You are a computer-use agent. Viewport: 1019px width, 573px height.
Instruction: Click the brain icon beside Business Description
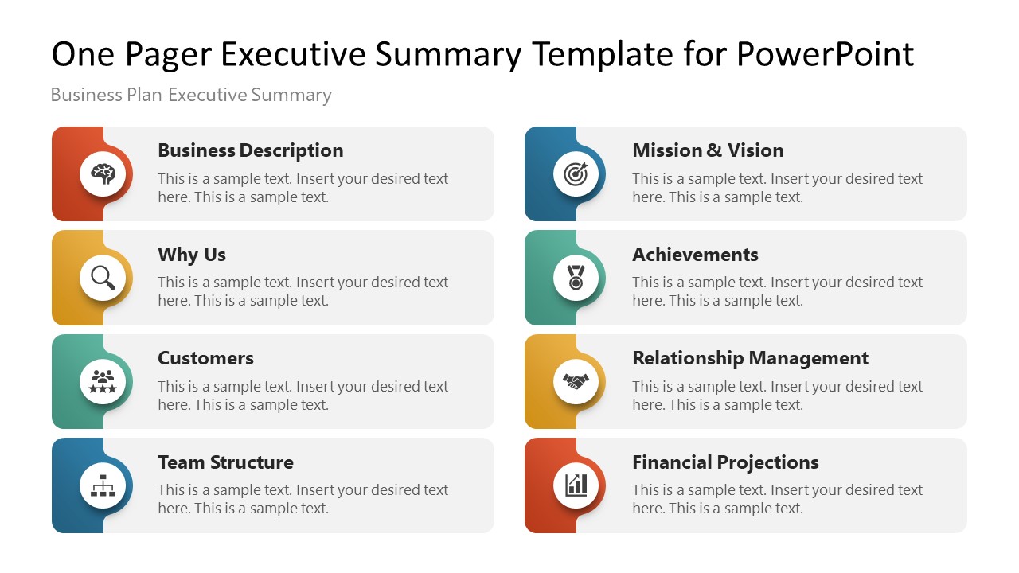pos(103,173)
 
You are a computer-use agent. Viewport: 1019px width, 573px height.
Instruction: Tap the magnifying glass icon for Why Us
pos(103,278)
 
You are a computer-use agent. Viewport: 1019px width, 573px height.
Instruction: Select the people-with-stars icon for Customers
pos(103,381)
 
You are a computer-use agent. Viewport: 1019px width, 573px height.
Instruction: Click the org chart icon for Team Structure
pos(103,485)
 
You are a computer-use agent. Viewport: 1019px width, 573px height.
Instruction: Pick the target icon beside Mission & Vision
pos(576,173)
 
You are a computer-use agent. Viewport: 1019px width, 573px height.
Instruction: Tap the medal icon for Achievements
pos(576,278)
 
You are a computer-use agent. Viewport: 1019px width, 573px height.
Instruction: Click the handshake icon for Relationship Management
pos(576,381)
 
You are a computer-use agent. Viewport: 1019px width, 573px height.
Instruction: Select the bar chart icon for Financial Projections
pos(576,485)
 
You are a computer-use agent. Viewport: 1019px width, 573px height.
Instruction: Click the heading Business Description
pos(250,150)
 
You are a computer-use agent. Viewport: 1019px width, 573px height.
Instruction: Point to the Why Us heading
pos(191,255)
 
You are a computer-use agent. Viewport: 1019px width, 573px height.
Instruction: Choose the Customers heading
pos(205,358)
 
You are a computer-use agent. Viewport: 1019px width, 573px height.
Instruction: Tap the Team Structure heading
pos(225,462)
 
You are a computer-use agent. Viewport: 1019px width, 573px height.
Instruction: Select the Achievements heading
pos(695,255)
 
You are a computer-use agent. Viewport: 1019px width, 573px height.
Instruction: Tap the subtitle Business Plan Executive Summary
pos(191,95)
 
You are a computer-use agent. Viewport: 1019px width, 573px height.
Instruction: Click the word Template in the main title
pos(602,54)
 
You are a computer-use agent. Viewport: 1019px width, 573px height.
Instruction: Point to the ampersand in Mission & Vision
pos(714,150)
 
